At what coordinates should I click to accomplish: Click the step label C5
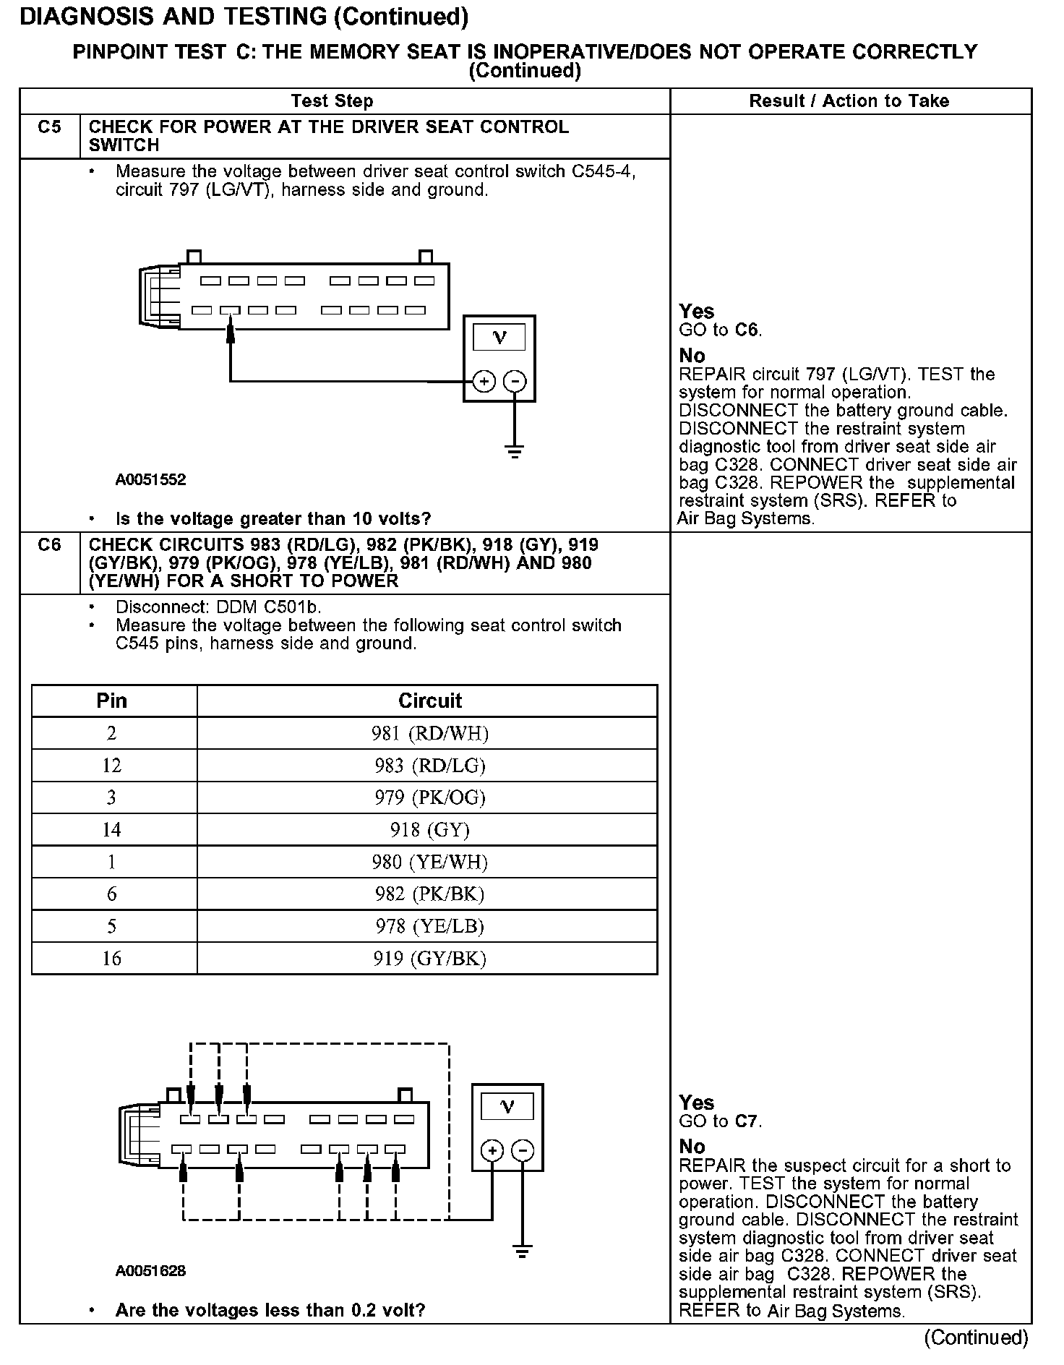click(x=49, y=127)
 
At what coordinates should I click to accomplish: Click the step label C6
click(x=49, y=545)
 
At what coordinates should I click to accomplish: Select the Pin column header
click(x=112, y=701)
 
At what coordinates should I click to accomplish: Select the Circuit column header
click(x=430, y=701)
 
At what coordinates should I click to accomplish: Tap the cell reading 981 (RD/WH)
click(x=430, y=734)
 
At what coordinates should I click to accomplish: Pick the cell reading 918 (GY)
click(x=430, y=830)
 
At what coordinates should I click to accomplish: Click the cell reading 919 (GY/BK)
click(x=430, y=959)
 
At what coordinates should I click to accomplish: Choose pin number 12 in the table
click(x=112, y=766)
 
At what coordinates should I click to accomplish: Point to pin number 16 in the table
click(x=112, y=959)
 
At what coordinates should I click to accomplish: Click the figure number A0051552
click(x=150, y=480)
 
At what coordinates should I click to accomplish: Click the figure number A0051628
click(x=150, y=1271)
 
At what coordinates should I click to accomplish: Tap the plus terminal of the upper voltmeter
click(x=484, y=381)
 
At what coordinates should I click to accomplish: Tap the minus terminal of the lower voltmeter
click(x=523, y=1150)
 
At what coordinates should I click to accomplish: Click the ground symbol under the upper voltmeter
click(x=515, y=453)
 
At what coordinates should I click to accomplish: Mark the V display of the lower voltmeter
click(x=507, y=1107)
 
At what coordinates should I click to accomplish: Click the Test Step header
click(x=332, y=101)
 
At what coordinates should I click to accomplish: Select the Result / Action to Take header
click(x=849, y=101)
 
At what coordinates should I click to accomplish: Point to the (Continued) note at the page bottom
click(x=976, y=1338)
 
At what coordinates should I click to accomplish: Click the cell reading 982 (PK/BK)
click(x=430, y=894)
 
